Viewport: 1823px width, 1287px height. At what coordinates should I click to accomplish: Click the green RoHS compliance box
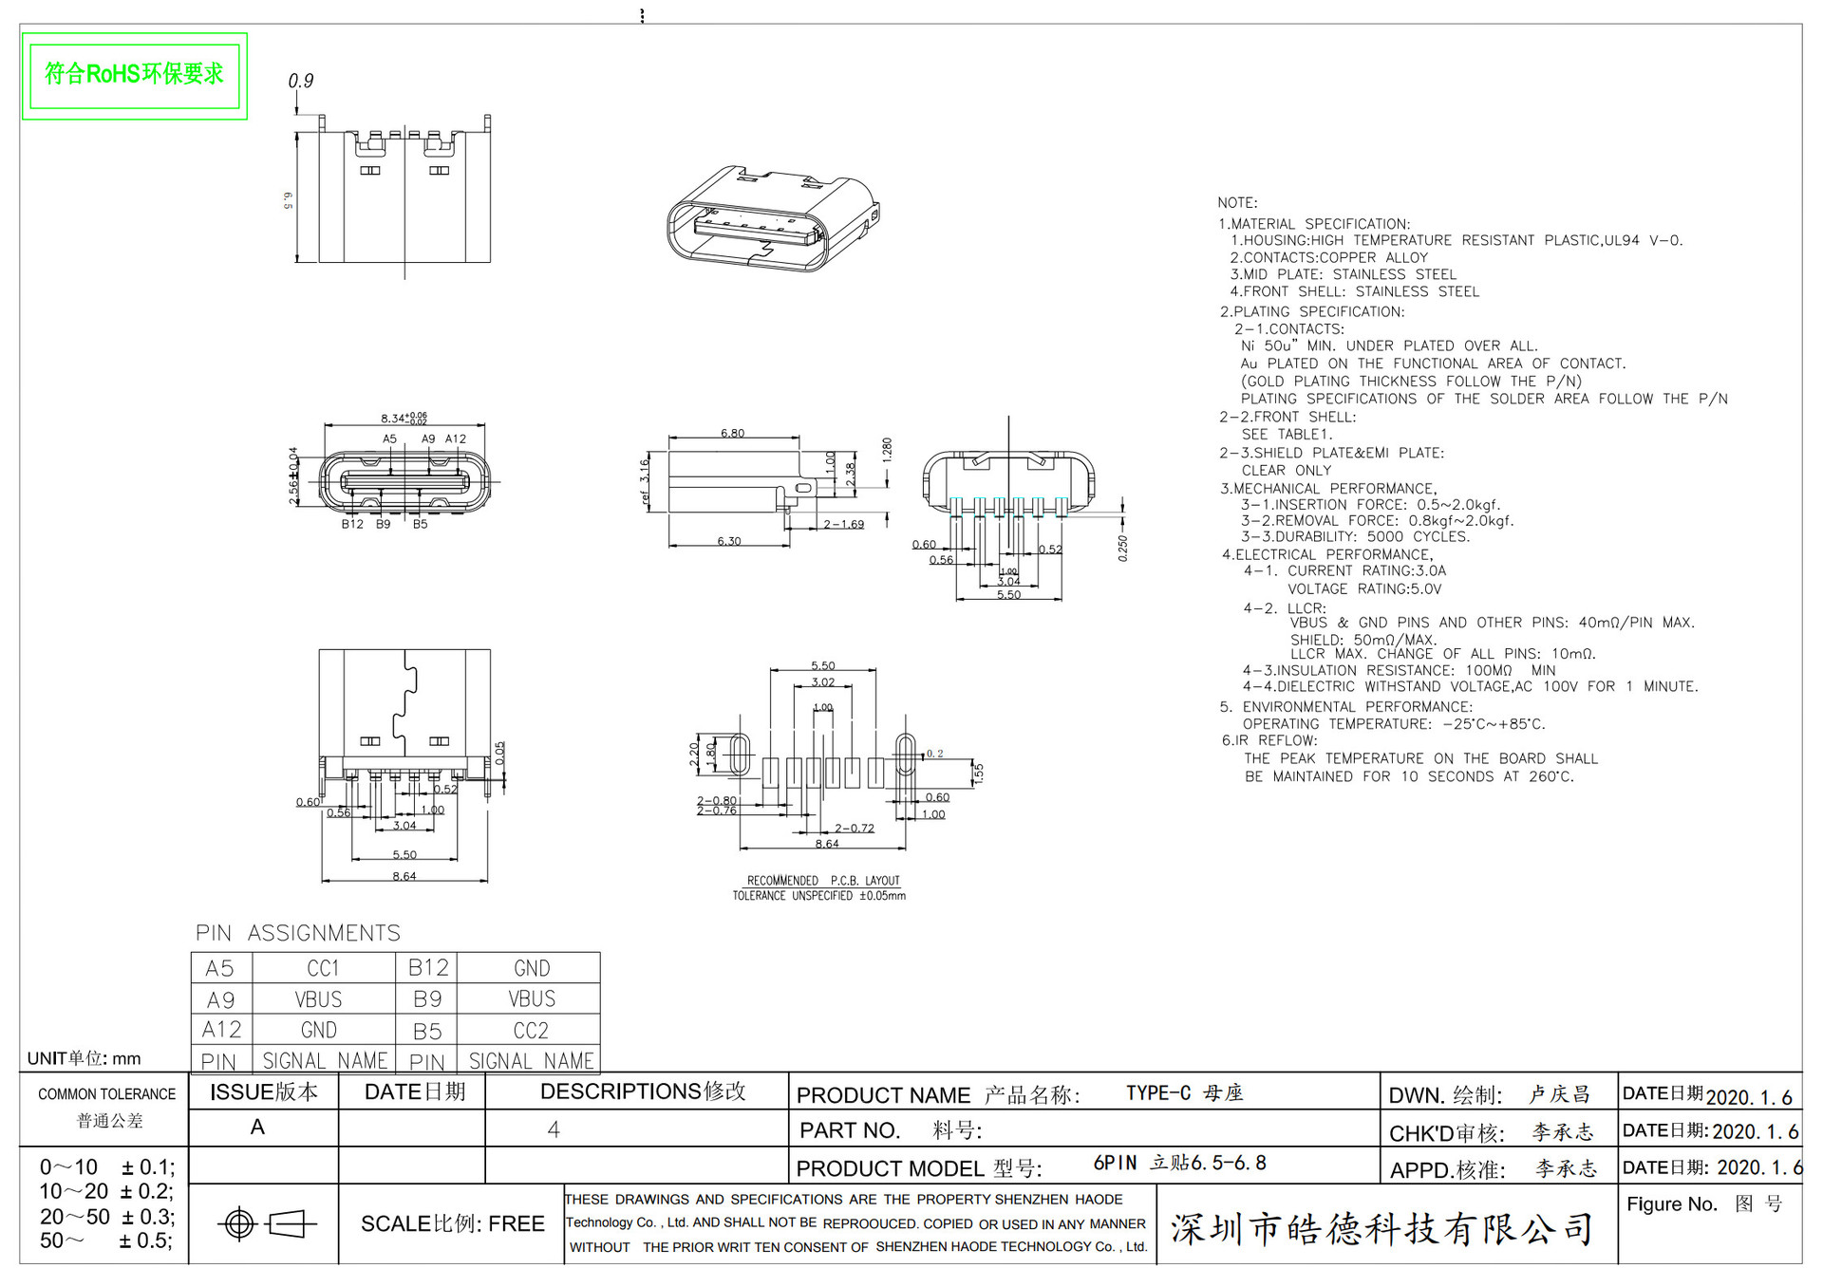click(134, 75)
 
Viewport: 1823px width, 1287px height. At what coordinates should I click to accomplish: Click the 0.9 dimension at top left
click(300, 82)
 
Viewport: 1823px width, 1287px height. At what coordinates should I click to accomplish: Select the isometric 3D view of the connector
click(772, 219)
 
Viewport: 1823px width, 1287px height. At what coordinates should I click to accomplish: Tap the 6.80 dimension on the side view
click(732, 434)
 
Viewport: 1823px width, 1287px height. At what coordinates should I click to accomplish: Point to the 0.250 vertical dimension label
click(1122, 548)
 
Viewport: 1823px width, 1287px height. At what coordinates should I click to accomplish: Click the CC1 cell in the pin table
click(323, 968)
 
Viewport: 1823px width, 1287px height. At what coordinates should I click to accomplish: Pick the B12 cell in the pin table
click(427, 968)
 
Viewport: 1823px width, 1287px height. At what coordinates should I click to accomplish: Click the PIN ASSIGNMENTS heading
click(298, 933)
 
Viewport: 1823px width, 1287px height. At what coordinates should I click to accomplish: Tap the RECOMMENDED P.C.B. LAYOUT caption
click(822, 881)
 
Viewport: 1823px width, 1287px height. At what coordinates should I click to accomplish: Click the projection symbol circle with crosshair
click(238, 1224)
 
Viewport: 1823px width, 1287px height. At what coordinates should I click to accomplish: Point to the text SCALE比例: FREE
click(452, 1224)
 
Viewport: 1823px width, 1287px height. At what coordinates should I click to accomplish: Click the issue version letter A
click(257, 1128)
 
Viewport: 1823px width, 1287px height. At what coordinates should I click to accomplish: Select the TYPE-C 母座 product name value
click(1184, 1093)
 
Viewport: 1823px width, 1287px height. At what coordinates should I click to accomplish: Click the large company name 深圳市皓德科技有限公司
click(1381, 1229)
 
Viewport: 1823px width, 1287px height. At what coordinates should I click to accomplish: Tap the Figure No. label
click(1671, 1204)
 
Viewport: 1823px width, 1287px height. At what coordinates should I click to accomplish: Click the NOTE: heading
click(1237, 203)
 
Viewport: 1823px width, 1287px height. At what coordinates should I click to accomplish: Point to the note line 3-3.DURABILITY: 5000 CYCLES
click(1355, 537)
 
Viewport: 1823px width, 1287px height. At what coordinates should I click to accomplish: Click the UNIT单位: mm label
click(84, 1058)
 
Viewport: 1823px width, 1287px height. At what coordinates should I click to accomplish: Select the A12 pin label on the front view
click(456, 439)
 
